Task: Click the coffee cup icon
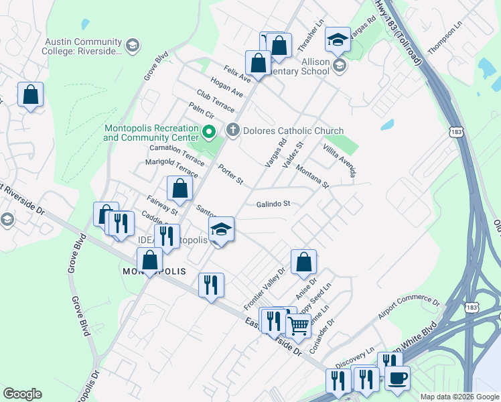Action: click(397, 378)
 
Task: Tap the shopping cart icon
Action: click(298, 326)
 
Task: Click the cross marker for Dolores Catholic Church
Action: click(232, 131)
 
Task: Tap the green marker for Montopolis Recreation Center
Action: click(208, 131)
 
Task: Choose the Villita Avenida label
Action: click(339, 161)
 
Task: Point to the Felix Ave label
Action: click(236, 74)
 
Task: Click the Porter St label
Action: click(230, 176)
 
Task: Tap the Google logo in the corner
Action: click(22, 394)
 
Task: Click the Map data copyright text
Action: click(459, 397)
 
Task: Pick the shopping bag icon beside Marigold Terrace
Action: click(180, 189)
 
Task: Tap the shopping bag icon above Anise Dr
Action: click(303, 263)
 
